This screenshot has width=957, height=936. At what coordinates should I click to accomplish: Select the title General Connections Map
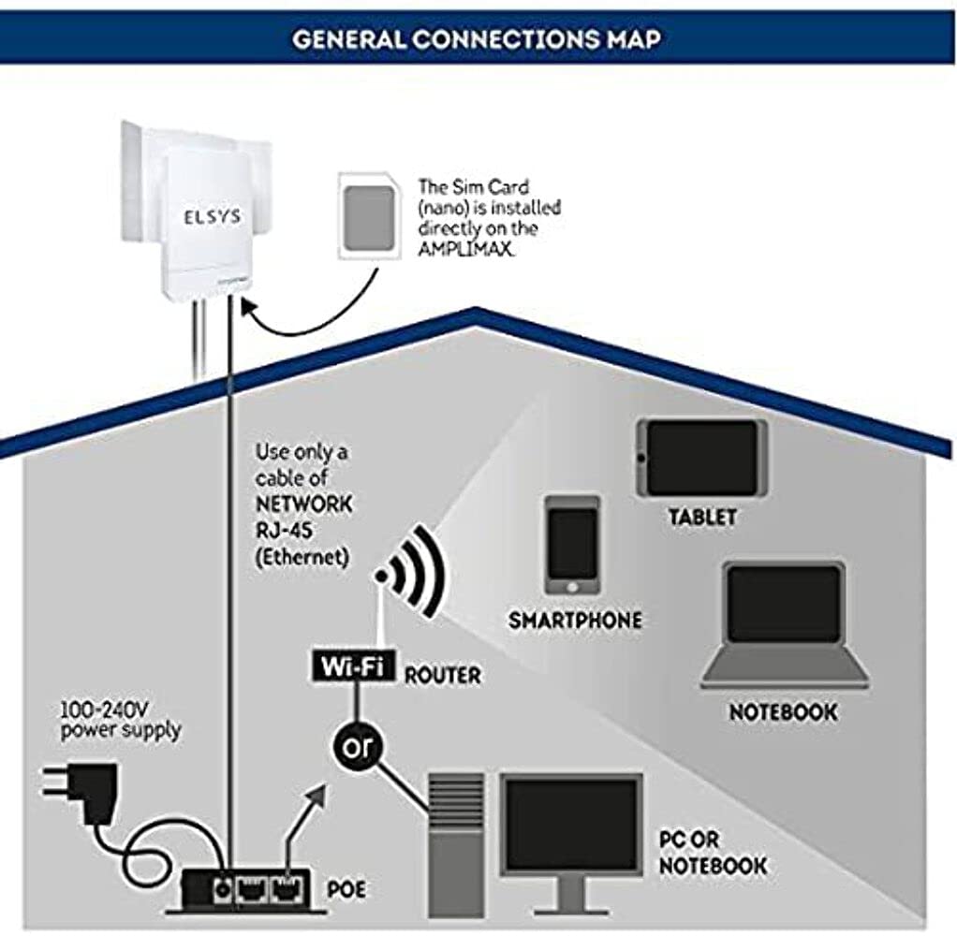[x=478, y=39]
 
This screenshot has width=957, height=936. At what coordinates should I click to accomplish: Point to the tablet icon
[x=701, y=457]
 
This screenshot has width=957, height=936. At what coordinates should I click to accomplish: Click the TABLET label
[x=702, y=517]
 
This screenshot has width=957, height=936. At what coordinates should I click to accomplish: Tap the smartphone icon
[x=572, y=545]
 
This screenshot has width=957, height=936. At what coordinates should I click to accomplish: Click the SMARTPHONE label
[x=575, y=621]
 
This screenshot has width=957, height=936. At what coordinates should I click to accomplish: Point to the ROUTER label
[x=442, y=675]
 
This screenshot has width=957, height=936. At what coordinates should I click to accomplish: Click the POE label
[x=346, y=887]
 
